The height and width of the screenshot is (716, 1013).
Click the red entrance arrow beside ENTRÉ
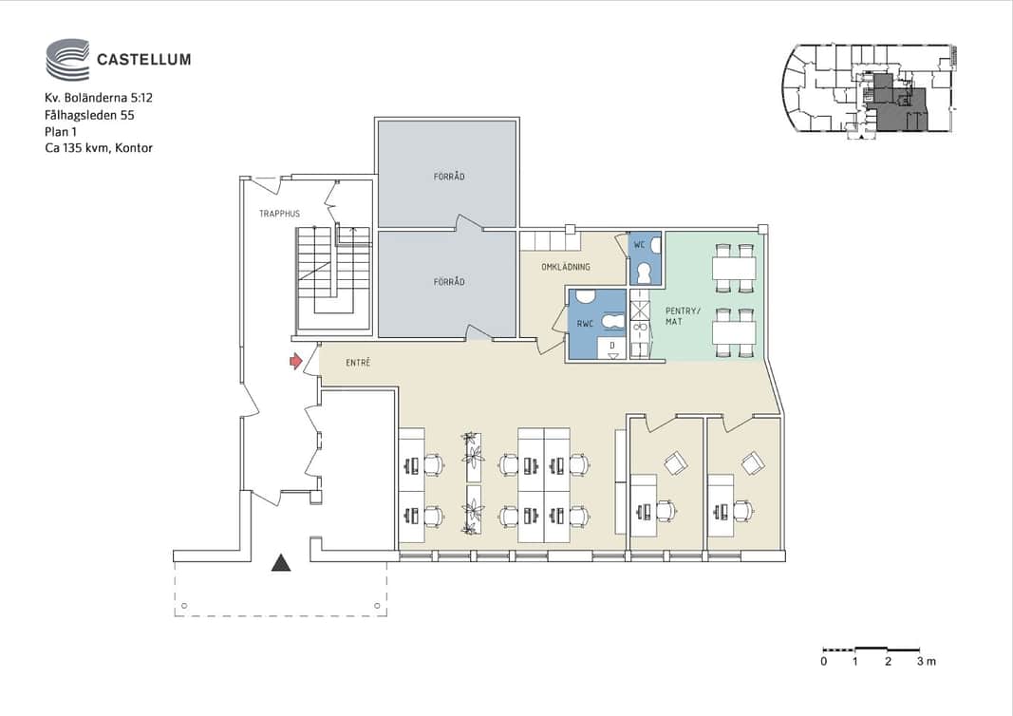click(296, 361)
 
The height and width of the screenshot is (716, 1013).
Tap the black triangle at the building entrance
click(281, 563)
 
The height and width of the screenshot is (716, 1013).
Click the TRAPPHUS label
click(280, 214)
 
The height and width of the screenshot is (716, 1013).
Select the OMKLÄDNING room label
click(566, 266)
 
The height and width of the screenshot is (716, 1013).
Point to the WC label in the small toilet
click(640, 245)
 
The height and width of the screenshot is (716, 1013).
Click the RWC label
click(586, 324)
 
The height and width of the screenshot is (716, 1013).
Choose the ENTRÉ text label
click(358, 363)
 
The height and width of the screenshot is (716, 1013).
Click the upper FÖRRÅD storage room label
click(449, 176)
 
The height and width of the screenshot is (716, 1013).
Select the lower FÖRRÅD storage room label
click(449, 282)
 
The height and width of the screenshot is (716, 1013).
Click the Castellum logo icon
click(67, 60)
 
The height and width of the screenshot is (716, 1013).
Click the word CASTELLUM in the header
click(144, 60)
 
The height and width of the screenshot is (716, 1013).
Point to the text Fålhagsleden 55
click(89, 115)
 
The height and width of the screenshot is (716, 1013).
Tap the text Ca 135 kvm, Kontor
click(99, 148)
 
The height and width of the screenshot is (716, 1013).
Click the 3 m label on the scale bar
click(926, 661)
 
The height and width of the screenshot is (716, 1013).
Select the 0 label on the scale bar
click(824, 661)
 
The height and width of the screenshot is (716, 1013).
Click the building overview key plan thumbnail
click(870, 90)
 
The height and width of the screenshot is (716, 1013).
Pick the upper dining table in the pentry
click(734, 268)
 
